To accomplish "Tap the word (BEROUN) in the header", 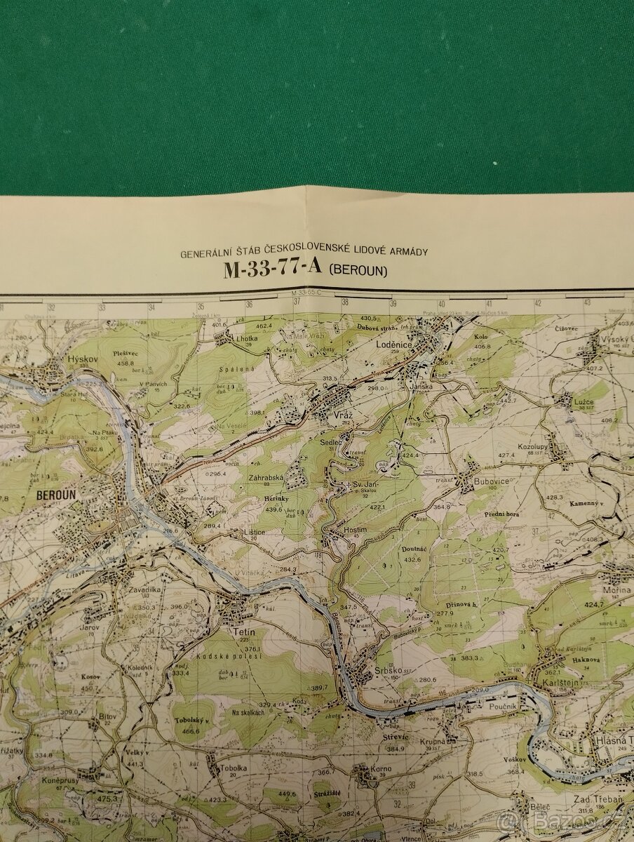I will pyautogui.click(x=358, y=270).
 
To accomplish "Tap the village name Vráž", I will pyautogui.click(x=343, y=416).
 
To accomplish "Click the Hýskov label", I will pyautogui.click(x=81, y=359).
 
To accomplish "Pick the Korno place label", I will pyautogui.click(x=382, y=770).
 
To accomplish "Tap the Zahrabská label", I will pyautogui.click(x=265, y=478).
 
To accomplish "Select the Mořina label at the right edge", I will pyautogui.click(x=621, y=590).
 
